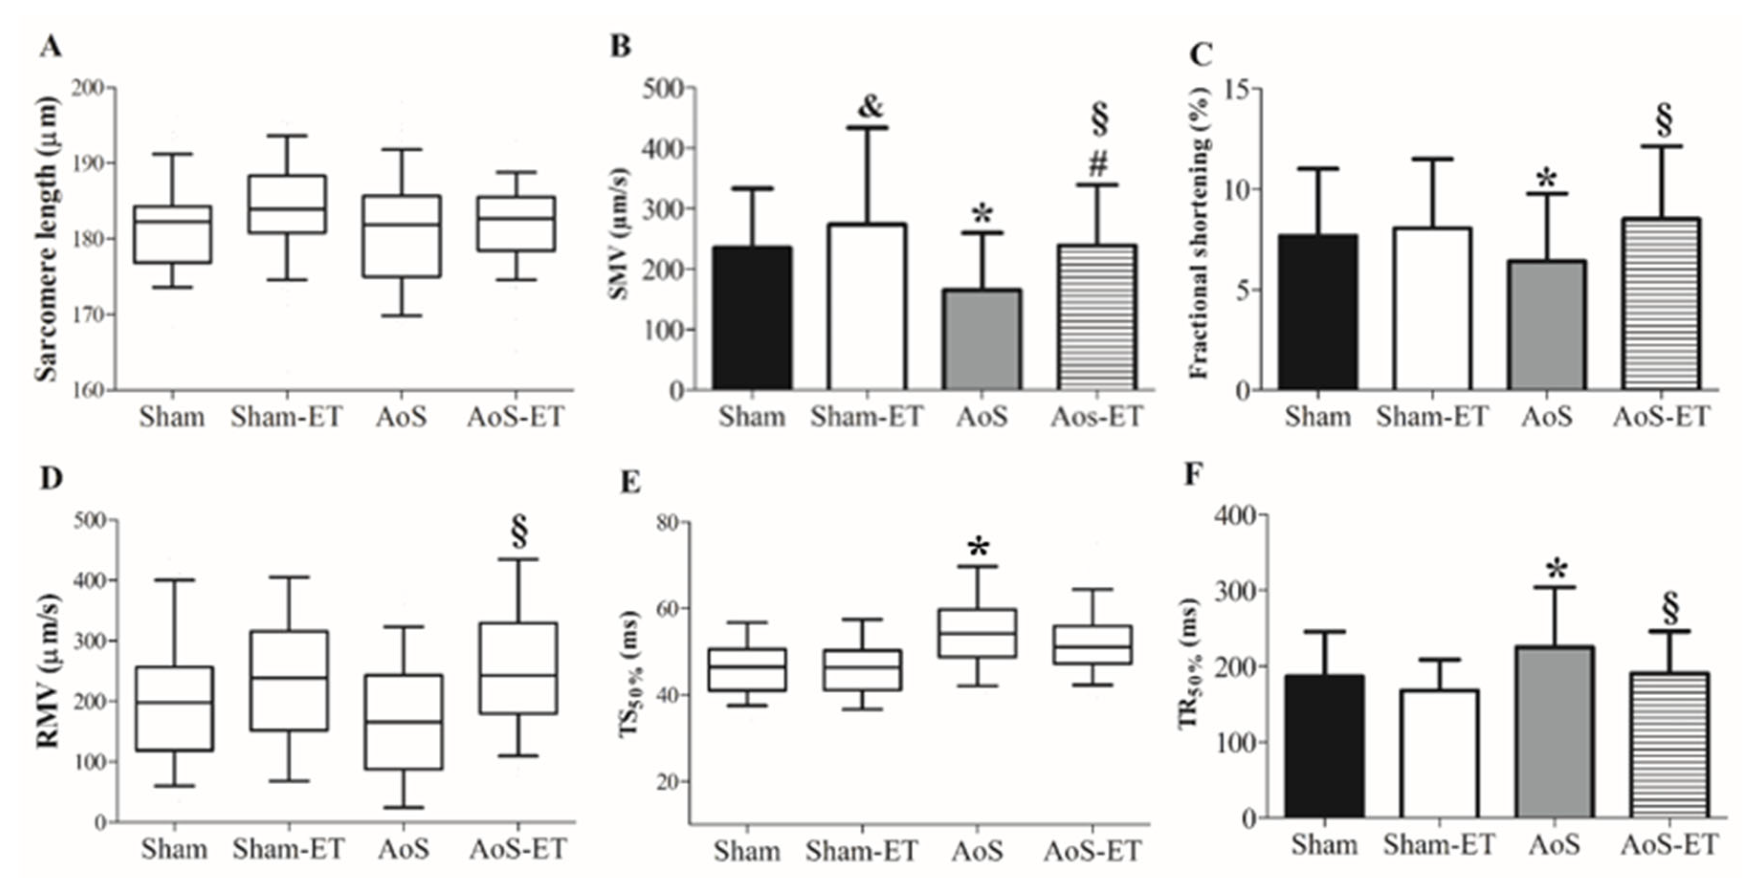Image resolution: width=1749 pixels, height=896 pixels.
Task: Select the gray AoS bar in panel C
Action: tap(1547, 325)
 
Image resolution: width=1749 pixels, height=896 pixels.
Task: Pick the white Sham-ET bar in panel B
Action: tap(866, 306)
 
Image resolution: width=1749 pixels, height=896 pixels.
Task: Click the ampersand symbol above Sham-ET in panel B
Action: tap(870, 107)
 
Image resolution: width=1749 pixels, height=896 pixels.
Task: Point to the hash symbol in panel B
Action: tap(1098, 163)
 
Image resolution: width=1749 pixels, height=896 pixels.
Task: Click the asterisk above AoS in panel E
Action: tap(978, 547)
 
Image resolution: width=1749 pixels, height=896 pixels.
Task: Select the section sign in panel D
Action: tap(520, 531)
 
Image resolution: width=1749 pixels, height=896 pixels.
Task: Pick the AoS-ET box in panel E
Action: tap(1093, 644)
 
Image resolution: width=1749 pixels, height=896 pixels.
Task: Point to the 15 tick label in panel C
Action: tap(1238, 89)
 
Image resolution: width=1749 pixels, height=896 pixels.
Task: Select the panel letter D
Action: tap(51, 479)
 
